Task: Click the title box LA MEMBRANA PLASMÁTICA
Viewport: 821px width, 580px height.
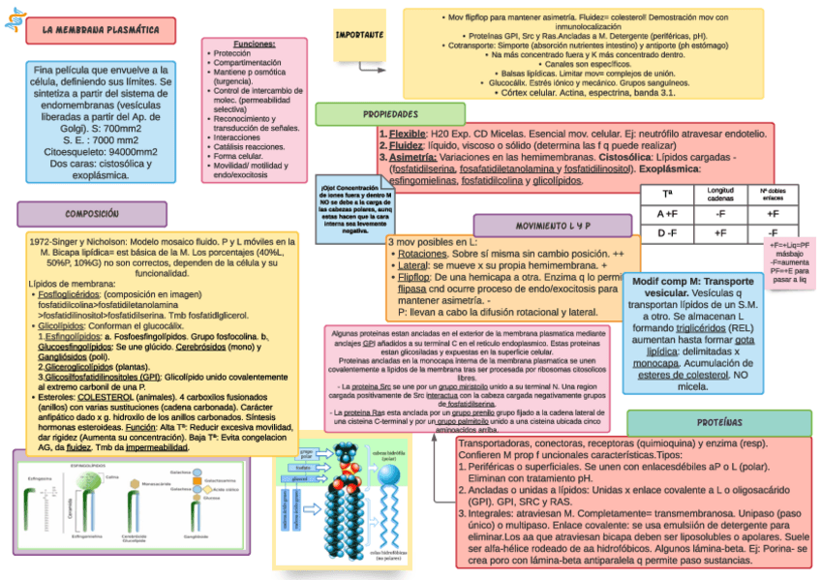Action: pos(101,31)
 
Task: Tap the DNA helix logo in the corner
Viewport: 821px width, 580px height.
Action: pos(13,20)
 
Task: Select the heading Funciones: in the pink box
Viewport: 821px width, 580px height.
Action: pos(255,45)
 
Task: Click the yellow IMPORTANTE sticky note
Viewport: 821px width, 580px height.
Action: pos(358,34)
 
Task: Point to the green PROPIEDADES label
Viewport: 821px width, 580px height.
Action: pos(389,114)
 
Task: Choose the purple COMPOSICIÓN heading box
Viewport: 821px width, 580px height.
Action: pos(91,213)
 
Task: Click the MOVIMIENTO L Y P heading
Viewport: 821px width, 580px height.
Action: pos(553,226)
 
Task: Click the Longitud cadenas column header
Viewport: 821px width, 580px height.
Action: pos(720,195)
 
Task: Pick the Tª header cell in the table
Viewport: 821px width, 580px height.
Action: pos(667,195)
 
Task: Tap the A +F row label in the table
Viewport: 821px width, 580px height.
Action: pos(667,214)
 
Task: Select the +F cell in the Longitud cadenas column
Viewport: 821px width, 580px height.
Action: pos(720,233)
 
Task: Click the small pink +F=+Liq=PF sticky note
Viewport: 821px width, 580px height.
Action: pos(790,260)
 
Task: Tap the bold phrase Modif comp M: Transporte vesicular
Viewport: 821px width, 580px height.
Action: pos(691,287)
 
